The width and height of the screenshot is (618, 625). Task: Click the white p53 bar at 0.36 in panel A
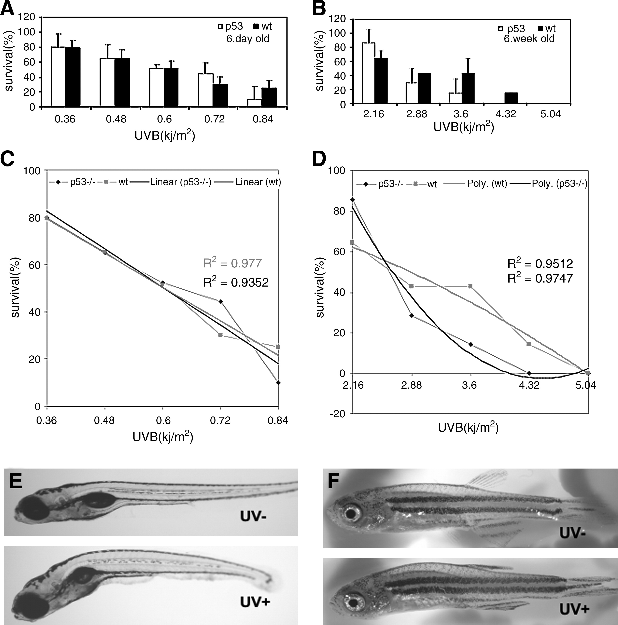[x=58, y=77]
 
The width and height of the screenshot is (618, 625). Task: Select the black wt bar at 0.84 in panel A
[x=269, y=97]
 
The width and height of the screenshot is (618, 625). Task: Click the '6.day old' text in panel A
[x=248, y=39]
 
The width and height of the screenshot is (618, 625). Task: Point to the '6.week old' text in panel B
[x=529, y=39]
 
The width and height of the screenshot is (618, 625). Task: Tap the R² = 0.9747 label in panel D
[x=540, y=278]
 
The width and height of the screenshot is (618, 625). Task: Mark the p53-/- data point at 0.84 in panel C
[x=278, y=383]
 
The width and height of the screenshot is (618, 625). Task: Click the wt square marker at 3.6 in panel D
[x=471, y=286]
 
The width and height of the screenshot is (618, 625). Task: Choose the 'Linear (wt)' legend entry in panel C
[x=258, y=182]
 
